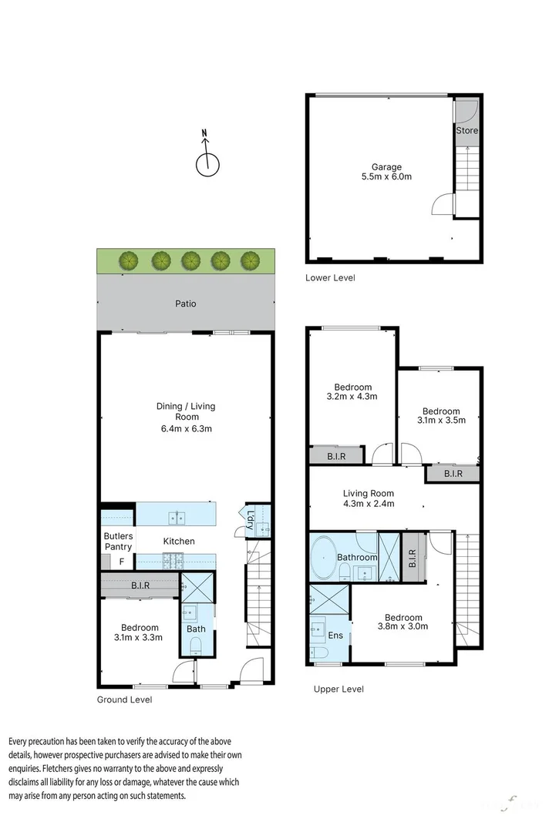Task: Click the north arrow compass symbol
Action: (206, 162)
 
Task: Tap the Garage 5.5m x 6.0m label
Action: (387, 172)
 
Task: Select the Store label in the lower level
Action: (466, 130)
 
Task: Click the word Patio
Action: (185, 304)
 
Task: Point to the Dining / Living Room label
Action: (186, 417)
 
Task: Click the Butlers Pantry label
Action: (118, 541)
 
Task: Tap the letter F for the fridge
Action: (121, 562)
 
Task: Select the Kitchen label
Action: (178, 541)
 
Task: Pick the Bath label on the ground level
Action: (196, 629)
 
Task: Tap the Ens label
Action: (335, 636)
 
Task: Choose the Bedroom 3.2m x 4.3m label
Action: (352, 392)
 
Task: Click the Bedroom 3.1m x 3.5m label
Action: (441, 416)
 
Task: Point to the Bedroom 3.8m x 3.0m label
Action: (403, 622)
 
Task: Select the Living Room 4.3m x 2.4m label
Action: (368, 498)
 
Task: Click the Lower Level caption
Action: (330, 277)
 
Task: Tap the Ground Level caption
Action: (124, 700)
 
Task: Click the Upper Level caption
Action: (338, 689)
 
